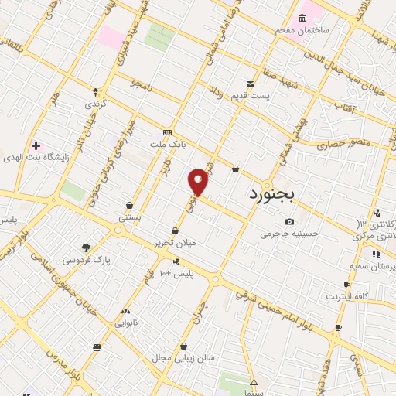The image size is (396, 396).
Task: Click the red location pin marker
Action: coord(199,181)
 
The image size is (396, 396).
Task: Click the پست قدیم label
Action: coord(253,96)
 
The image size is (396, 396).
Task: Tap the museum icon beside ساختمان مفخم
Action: coord(301,18)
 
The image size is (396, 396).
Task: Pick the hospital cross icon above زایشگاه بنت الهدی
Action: coord(36,145)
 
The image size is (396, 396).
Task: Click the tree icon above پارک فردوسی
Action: coord(86,247)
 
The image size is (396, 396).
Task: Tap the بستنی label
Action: coord(129,218)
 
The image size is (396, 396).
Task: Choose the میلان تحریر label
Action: coord(175,242)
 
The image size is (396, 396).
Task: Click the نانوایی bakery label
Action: coord(125,323)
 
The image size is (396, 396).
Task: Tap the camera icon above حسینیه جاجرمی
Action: coord(289,221)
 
